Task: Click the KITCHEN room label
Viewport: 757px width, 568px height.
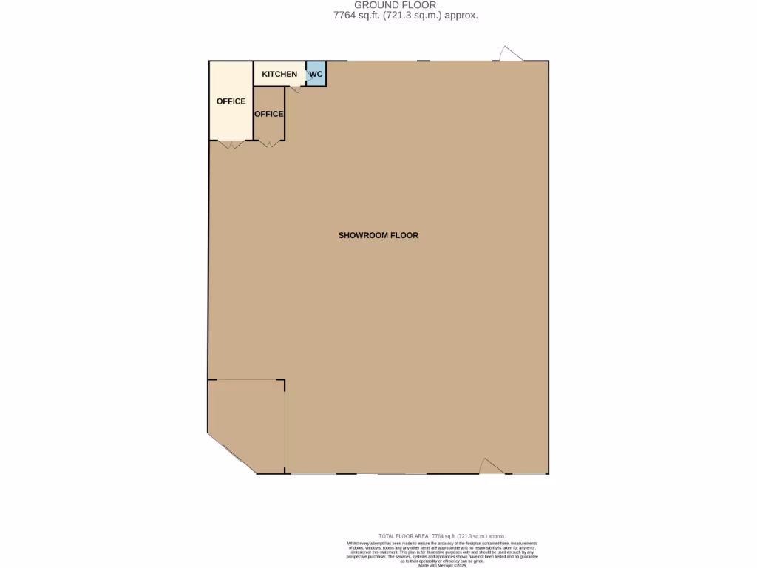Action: [x=279, y=74]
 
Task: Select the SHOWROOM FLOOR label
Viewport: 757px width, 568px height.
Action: [x=378, y=236]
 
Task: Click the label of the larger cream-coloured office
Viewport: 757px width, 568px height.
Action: [x=231, y=101]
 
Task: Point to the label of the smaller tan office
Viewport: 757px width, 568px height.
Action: [x=268, y=114]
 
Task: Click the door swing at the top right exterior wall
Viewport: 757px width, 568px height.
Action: [x=509, y=54]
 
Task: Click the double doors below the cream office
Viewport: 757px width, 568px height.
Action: [x=232, y=144]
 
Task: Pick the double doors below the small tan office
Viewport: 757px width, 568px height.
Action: [x=269, y=143]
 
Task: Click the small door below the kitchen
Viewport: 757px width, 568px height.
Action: [x=294, y=89]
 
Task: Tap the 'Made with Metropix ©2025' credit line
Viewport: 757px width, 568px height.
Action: [x=442, y=566]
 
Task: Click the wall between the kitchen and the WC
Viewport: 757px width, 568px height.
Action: [x=306, y=74]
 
